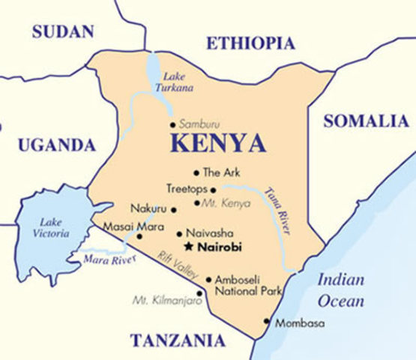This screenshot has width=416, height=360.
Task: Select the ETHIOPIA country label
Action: click(250, 43)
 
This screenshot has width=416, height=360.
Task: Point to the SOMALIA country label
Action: click(366, 121)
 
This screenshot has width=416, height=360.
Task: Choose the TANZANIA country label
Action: click(178, 340)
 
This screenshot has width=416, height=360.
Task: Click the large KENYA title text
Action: click(217, 142)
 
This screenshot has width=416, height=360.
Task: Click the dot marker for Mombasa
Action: click(266, 322)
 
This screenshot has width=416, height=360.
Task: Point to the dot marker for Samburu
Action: click(173, 124)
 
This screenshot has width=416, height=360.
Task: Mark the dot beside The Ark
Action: click(197, 172)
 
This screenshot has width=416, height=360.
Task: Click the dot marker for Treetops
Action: click(213, 190)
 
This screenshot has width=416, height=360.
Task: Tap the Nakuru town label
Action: click(148, 209)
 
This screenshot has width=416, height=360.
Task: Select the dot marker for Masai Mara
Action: click(139, 235)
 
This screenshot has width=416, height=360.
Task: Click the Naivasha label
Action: click(205, 233)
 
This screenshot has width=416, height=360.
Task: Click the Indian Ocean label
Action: click(340, 291)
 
